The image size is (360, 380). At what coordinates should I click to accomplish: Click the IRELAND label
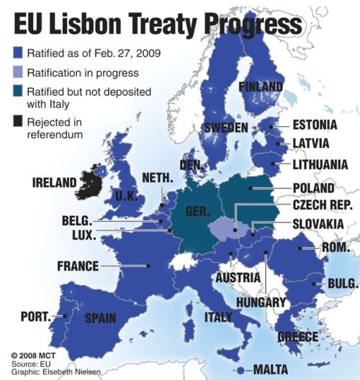pyautogui.click(x=54, y=182)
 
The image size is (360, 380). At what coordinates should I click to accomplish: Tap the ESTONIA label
pyautogui.click(x=315, y=125)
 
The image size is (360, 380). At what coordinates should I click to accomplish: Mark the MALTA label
pyautogui.click(x=274, y=370)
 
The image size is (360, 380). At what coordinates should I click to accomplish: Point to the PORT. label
pyautogui.click(x=35, y=315)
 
